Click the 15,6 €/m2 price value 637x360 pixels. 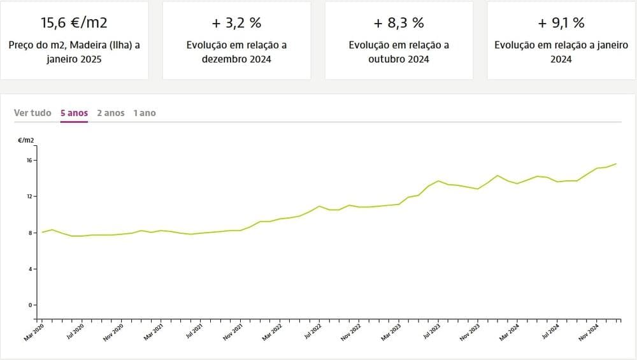point(74,23)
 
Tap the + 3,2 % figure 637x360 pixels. point(236,23)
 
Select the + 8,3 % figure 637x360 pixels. point(399,23)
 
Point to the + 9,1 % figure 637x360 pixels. point(561,23)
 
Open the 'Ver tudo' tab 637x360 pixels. point(32,113)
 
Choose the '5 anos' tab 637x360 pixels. point(74,113)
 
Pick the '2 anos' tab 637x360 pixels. point(111,113)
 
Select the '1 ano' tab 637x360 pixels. point(145,113)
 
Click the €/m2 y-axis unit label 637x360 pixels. point(26,140)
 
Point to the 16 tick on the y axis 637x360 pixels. point(29,160)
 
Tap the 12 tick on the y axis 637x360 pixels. point(29,196)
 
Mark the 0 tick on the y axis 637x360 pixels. point(30,305)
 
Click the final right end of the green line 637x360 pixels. point(616,164)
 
